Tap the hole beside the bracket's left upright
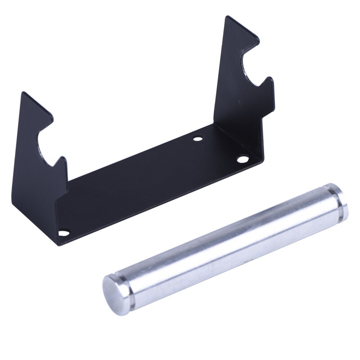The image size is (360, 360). click(64, 233)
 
